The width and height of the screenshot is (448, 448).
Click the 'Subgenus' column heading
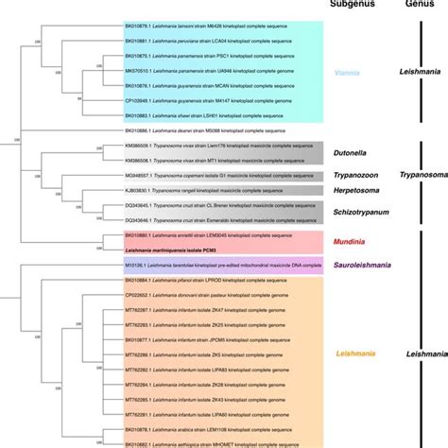(353, 5)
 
